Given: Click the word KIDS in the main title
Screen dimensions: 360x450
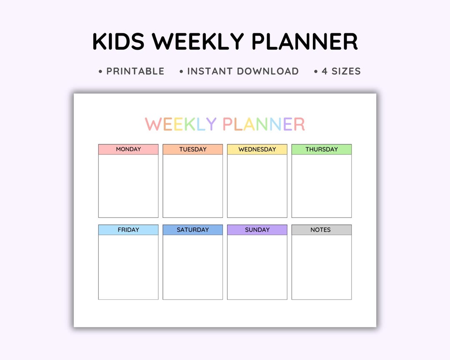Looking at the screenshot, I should [118, 42].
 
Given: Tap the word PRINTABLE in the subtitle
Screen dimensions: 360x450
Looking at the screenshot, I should [135, 71].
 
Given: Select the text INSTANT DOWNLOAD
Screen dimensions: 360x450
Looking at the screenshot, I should [242, 71].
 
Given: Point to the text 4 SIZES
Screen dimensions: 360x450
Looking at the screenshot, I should [341, 71].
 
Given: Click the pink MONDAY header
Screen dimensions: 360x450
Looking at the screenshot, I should [128, 149].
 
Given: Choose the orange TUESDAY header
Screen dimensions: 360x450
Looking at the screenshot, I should [193, 149].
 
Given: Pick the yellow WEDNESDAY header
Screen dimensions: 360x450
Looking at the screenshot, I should [257, 149].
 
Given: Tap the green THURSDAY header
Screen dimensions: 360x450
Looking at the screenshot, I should [322, 149].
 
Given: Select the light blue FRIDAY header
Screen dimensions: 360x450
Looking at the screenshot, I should [128, 230].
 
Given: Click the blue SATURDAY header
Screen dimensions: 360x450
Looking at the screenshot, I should [193, 230].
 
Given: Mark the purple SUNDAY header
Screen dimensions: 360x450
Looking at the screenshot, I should [257, 230].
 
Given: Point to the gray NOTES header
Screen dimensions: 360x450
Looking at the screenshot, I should [322, 230].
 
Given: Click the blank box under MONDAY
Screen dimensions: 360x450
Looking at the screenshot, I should [128, 186].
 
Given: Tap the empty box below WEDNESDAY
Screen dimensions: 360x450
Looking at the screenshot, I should [257, 186].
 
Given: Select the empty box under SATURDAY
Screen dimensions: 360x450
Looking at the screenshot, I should [193, 267].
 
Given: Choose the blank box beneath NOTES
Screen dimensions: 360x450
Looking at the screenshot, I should [322, 267].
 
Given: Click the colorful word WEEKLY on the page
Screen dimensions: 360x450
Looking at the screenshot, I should [181, 124].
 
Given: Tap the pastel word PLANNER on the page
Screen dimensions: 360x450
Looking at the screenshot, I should [264, 124].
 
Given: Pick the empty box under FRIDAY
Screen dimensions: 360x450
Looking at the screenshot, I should [128, 267].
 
